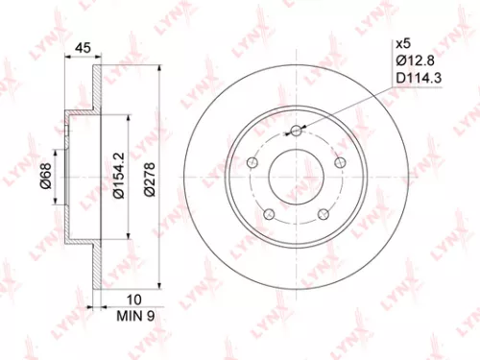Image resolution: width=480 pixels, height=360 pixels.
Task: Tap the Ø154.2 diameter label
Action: tap(119, 176)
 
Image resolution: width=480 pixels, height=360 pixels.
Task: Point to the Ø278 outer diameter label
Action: tap(151, 176)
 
